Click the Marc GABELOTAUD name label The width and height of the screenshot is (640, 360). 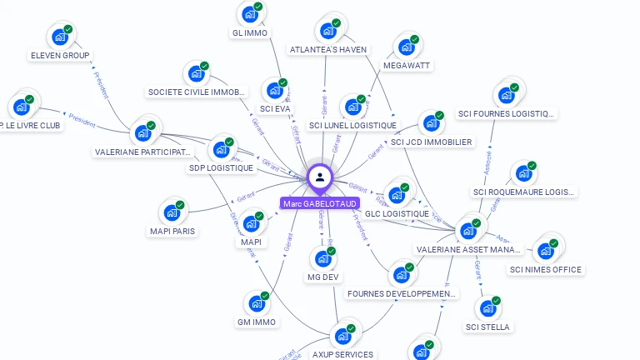(x=320, y=203)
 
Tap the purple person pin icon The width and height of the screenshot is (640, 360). (x=319, y=177)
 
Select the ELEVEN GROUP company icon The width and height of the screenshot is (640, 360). (x=60, y=37)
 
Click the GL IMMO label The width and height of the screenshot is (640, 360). (x=250, y=33)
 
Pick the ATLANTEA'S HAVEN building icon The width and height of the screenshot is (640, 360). (x=328, y=31)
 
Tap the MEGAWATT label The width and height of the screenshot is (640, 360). (x=407, y=65)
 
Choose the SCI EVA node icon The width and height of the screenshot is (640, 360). (x=275, y=90)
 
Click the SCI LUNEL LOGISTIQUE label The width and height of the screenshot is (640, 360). (x=352, y=126)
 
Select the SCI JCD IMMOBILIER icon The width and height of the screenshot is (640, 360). (x=431, y=123)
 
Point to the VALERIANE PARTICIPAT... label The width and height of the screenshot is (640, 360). (x=143, y=152)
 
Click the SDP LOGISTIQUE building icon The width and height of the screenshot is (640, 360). (x=221, y=149)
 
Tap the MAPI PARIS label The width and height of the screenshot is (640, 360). (x=172, y=231)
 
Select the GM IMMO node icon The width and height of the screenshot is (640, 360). (x=257, y=303)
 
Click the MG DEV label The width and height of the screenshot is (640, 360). (x=324, y=277)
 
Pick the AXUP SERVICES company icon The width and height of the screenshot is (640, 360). (x=342, y=336)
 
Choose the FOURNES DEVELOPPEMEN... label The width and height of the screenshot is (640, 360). (x=402, y=293)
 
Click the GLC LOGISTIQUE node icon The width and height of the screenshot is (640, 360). (x=397, y=195)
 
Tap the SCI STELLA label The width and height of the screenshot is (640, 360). (x=487, y=327)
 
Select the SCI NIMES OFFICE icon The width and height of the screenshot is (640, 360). (x=546, y=251)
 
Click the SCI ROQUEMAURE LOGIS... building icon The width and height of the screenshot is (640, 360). (x=523, y=173)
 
